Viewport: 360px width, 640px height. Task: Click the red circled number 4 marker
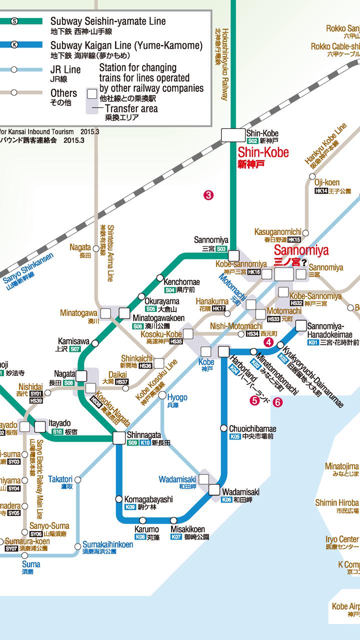coord(269,342)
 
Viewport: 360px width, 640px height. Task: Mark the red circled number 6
coord(277,401)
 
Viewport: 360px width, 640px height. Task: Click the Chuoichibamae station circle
coord(223,428)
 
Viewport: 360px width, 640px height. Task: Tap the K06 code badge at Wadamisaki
coord(226,499)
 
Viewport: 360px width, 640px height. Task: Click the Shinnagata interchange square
coord(119,438)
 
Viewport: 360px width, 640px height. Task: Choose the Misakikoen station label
coord(187,529)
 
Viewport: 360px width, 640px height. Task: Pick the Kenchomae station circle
coord(159,277)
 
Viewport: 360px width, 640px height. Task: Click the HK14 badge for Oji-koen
coord(321,191)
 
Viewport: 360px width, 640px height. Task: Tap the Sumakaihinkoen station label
coord(107,544)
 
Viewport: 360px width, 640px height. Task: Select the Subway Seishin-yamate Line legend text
coord(107,21)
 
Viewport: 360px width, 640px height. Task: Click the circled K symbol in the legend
coord(14,44)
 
